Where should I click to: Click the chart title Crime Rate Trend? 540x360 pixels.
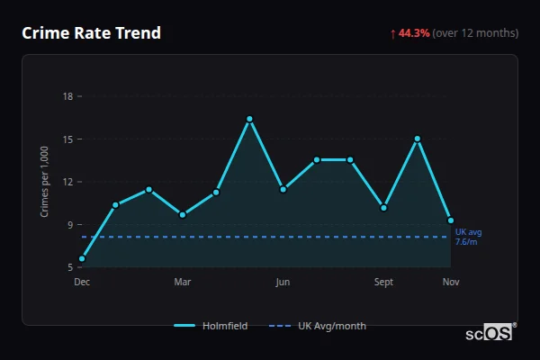tap(91, 33)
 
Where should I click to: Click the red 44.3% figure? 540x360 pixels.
tap(414, 33)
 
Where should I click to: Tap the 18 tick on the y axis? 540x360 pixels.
tap(68, 96)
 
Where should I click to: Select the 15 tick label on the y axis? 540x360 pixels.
tap(68, 139)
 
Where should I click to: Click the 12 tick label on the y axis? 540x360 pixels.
tap(68, 182)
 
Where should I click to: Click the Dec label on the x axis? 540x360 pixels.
tap(82, 282)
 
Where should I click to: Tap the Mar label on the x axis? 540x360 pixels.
tap(183, 282)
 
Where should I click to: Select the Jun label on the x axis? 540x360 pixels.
tap(283, 282)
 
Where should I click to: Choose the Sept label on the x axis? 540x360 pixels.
tap(383, 282)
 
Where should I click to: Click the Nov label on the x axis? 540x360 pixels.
tap(451, 282)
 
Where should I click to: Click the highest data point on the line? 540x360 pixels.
tap(249, 119)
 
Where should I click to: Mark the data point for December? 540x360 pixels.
tap(82, 258)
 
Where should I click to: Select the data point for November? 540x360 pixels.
tap(451, 220)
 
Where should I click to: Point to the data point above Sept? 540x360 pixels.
tap(383, 207)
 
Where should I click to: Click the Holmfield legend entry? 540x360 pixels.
tap(211, 326)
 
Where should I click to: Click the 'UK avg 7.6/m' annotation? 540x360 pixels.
tap(467, 237)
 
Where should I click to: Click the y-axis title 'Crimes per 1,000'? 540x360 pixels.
tap(45, 182)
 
